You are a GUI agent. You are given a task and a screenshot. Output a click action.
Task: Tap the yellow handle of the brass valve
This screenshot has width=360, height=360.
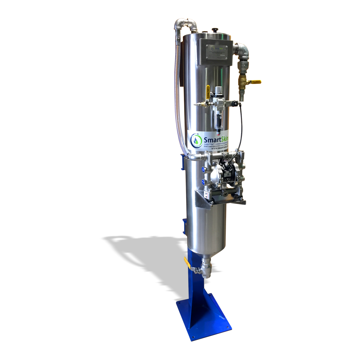255,82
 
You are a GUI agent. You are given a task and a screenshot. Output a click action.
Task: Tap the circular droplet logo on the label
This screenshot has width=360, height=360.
196,139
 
